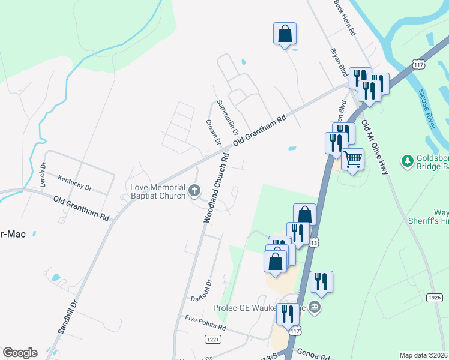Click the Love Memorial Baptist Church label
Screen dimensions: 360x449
(x=158, y=191)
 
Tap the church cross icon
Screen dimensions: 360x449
(x=194, y=191)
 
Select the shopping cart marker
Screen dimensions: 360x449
(x=352, y=159)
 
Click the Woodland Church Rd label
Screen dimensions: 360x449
(x=215, y=188)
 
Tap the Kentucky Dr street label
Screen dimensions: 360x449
(x=75, y=182)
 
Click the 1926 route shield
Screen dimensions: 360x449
(x=435, y=298)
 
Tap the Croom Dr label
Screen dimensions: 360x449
(x=213, y=132)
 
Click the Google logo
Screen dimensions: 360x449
(x=20, y=353)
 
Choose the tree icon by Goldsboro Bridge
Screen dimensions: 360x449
(x=408, y=161)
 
